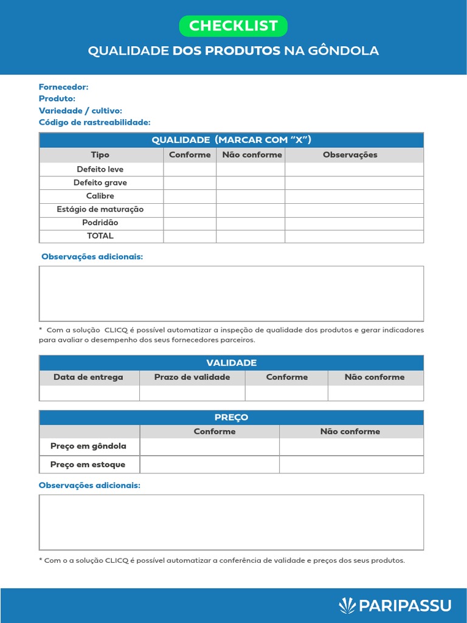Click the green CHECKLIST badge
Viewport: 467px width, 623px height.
point(233,26)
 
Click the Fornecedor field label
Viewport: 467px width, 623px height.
point(64,87)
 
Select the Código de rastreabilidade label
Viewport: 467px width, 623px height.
point(94,122)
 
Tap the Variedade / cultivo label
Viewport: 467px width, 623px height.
point(80,111)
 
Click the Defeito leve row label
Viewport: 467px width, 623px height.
point(100,169)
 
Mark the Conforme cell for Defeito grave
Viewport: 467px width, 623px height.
point(190,183)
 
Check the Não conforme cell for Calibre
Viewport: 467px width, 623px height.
point(251,196)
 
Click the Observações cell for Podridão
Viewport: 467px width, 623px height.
point(354,223)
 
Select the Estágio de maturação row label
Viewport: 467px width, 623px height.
point(100,209)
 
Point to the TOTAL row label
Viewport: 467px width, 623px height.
point(100,236)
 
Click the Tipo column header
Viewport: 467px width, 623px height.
point(100,155)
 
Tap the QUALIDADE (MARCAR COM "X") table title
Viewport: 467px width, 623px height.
point(232,140)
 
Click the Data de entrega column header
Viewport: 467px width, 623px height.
point(89,377)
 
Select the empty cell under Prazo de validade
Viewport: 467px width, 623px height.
point(192,393)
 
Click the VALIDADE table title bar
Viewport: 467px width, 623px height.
point(232,363)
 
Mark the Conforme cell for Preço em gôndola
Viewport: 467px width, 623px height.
point(209,447)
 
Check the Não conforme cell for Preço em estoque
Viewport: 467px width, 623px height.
point(351,465)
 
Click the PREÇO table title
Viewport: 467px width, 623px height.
point(232,417)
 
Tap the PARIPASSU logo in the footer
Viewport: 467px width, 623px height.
point(395,605)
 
